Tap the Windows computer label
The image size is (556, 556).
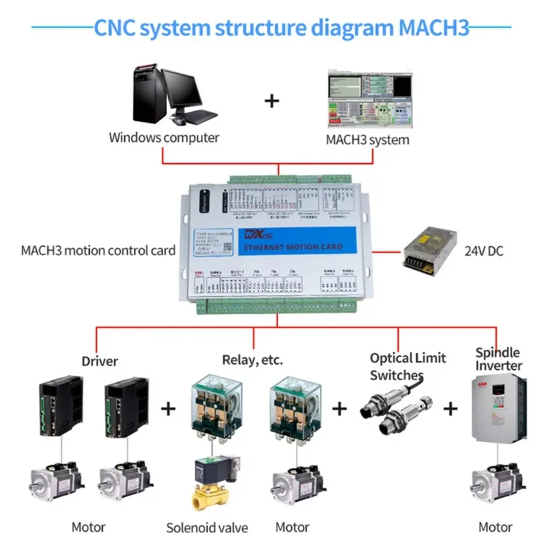(163, 137)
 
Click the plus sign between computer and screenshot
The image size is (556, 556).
(271, 101)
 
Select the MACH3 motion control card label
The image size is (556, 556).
(98, 250)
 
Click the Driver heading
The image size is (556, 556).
(100, 361)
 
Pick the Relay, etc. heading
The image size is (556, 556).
(252, 360)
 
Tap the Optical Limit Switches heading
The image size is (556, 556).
(408, 366)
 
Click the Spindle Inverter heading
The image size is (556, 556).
(498, 359)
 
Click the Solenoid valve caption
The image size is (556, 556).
(206, 528)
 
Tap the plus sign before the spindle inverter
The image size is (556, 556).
(451, 408)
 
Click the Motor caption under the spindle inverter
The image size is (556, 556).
(496, 528)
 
